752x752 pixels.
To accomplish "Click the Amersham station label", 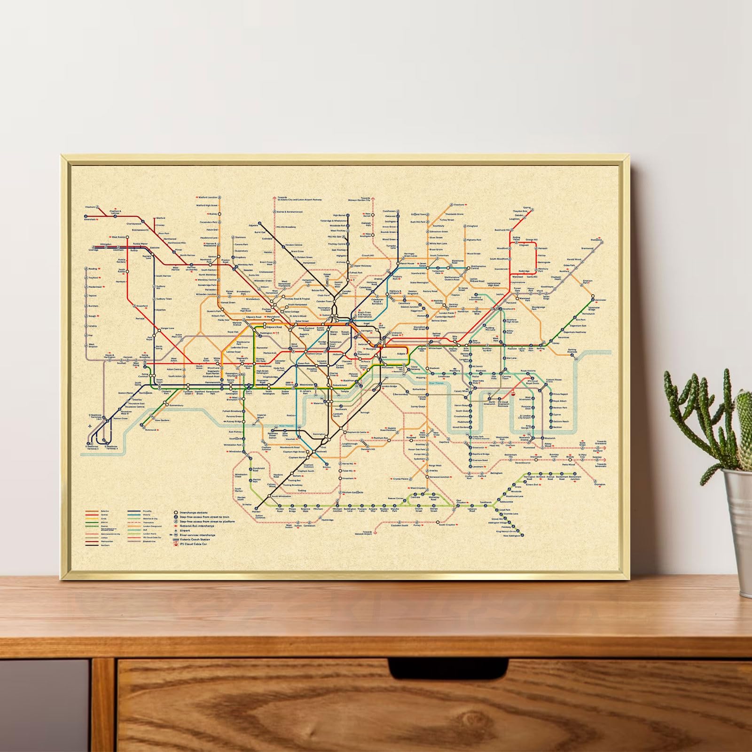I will click(89, 219).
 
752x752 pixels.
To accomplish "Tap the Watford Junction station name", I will click(208, 198).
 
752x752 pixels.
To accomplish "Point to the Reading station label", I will click(93, 269).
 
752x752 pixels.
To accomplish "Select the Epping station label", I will click(526, 207).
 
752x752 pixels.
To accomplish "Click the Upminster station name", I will click(600, 300).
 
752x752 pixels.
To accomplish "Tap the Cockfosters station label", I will click(389, 211).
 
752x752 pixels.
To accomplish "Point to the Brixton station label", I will click(327, 467).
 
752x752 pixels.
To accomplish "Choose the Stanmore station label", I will click(240, 237).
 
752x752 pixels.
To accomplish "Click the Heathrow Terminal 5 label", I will click(93, 446).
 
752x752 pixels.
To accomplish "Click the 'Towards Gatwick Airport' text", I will click(363, 533).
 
